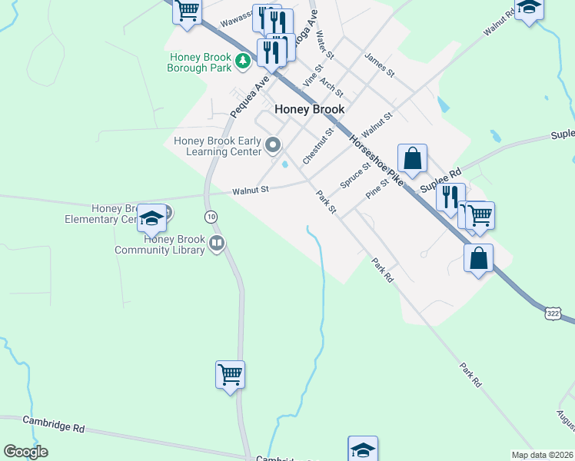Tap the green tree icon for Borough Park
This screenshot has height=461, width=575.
243,60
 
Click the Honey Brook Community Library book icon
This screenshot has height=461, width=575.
217,244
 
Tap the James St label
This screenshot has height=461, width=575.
380,65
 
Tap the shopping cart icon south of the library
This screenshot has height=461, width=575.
230,375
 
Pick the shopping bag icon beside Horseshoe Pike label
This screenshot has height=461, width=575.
412,158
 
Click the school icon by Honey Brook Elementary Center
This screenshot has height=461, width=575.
152,219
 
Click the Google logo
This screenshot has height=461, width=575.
25,452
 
